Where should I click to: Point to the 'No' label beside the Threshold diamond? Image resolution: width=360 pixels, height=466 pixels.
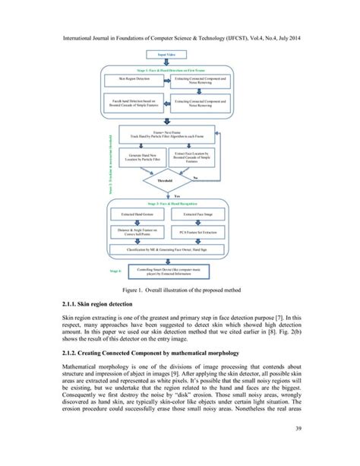[195, 176]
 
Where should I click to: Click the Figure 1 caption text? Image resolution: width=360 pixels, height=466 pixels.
[180, 290]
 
